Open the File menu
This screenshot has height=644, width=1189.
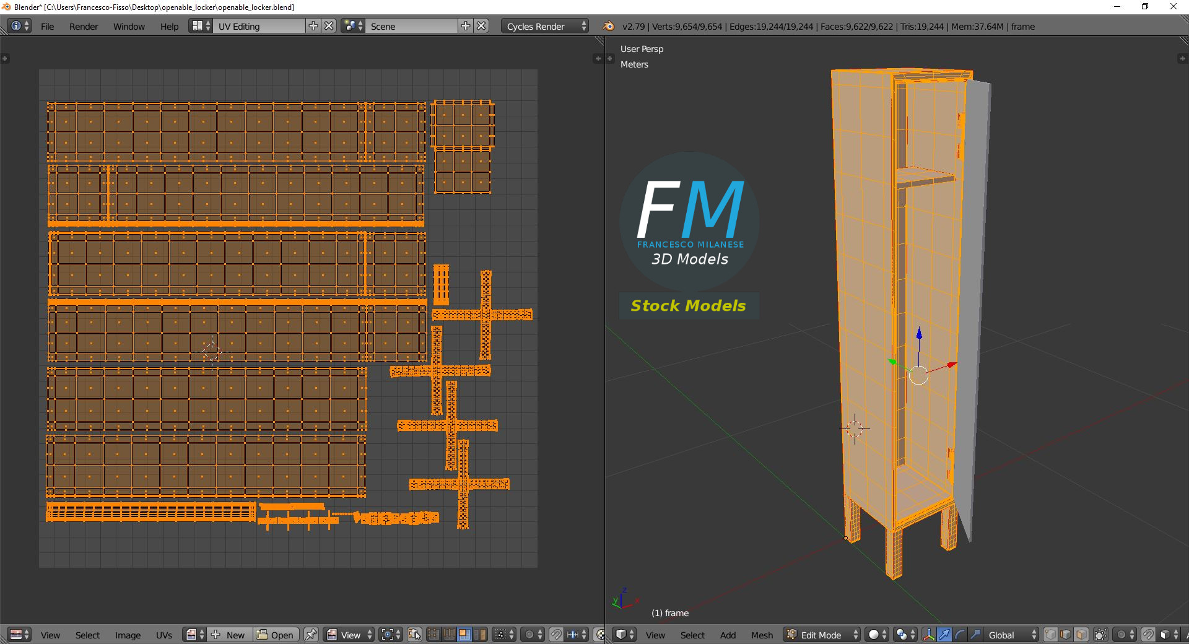coord(47,27)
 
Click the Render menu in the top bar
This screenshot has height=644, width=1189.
coord(84,27)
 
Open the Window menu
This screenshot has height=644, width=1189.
coord(129,27)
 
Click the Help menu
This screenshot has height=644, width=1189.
coord(169,27)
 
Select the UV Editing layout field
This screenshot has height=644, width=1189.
coord(260,26)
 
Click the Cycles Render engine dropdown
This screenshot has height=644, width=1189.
coord(545,26)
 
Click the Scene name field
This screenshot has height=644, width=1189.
coord(412,26)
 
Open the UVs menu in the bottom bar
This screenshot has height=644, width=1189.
coord(164,635)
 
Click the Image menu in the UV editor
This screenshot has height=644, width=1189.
coord(128,635)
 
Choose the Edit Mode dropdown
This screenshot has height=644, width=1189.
coord(822,635)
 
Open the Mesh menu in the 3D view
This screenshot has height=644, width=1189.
coord(762,635)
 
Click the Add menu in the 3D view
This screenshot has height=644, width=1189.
coord(728,635)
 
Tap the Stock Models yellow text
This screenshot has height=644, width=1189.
coord(688,305)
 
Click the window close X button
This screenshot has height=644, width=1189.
coord(1173,7)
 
